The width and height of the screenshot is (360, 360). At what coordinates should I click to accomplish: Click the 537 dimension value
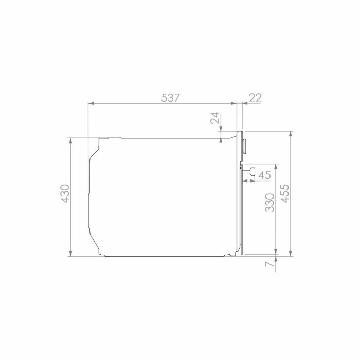point(170,98)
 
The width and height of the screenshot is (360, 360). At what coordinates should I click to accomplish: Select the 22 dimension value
point(255,98)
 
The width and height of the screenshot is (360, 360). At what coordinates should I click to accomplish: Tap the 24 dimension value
point(215,118)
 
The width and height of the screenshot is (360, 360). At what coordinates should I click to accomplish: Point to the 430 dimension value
point(65,193)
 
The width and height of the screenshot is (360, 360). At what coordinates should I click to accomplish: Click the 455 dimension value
point(285,193)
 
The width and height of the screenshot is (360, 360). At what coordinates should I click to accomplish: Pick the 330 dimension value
point(270,203)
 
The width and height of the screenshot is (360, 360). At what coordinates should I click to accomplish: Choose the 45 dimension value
point(265,175)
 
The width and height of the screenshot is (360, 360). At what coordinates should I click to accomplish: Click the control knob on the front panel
point(245,146)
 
